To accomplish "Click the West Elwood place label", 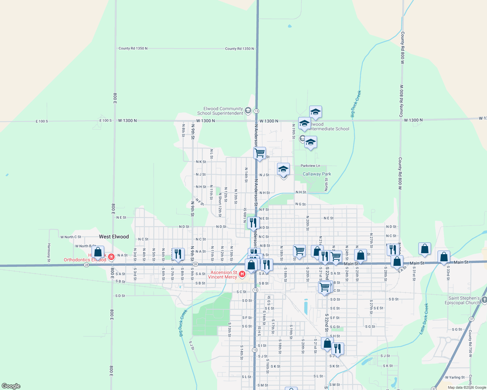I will pos(114,237).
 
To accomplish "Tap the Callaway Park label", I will pos(316,174).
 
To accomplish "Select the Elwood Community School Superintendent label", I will pos(220,111).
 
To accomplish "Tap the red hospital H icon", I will pos(242,275).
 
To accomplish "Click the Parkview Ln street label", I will pos(310,166).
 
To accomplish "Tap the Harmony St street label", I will pos(49,253).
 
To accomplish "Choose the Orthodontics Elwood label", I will pos(85,260).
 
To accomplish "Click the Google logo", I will pos(11,386).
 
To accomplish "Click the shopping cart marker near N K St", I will pos(259,153).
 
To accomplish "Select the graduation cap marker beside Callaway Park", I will pos(283,169).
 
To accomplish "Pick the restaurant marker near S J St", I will pos(338,349).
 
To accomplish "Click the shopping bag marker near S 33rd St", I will pos(444,257).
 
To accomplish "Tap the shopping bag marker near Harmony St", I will pos(98,252).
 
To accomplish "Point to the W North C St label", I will pos(71,237).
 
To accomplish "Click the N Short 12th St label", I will pos(220,205).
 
